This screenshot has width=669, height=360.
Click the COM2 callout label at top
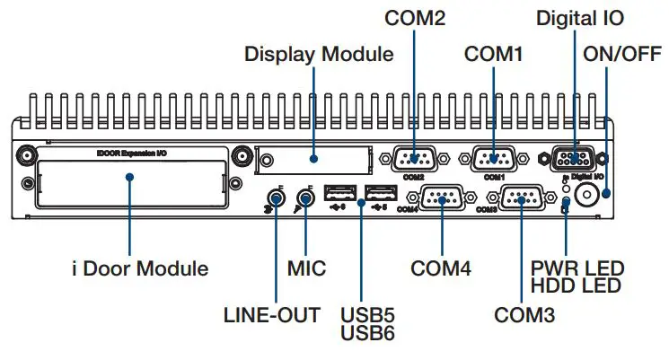414,18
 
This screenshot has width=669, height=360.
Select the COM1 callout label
493,54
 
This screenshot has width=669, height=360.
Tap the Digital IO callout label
579,18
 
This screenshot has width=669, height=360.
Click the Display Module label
319,54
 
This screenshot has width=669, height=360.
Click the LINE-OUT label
271,315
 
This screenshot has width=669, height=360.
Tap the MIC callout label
306,268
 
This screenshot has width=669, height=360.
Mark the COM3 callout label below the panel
524,315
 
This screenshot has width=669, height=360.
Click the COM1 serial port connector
492,159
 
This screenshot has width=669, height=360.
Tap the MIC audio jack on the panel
306,197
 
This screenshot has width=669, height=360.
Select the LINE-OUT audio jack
275,197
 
